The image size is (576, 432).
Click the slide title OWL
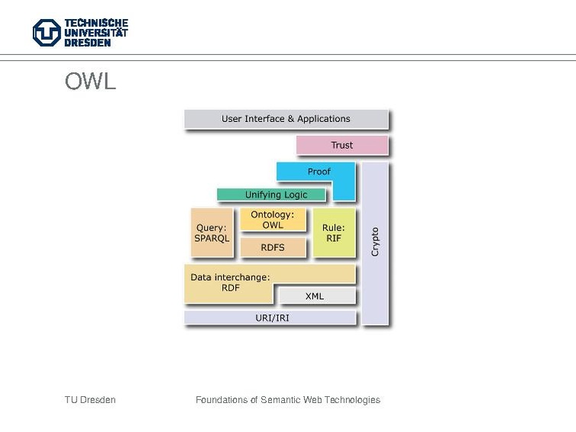tap(90, 82)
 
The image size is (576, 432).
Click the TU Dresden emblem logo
tap(46, 33)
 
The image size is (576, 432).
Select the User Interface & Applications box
tap(286, 119)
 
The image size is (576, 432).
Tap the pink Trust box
tap(341, 145)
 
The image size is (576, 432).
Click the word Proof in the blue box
tap(319, 172)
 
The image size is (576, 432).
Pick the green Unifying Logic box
tap(276, 195)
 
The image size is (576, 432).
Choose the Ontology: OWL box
tap(272, 220)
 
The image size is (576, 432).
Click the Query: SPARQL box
tap(212, 233)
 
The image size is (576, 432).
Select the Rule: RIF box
tap(333, 233)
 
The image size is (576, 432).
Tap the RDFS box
tap(272, 247)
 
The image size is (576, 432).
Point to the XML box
tap(315, 295)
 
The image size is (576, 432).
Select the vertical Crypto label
tap(375, 241)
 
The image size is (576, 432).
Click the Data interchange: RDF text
tap(230, 282)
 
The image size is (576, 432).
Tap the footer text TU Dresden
tap(90, 400)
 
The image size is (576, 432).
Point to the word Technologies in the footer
tap(351, 400)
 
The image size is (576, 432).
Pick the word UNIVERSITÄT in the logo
tap(95, 33)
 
